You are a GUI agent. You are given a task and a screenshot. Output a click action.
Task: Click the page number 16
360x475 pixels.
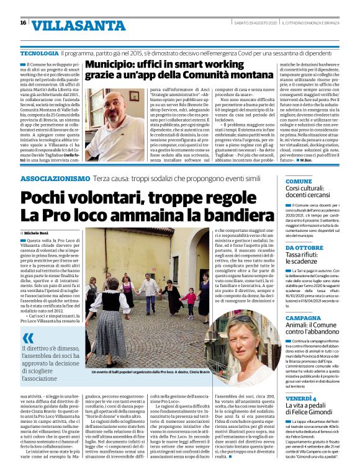pos(23,23)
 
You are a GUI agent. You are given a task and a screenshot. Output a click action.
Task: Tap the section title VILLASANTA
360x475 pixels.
pos(68,25)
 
